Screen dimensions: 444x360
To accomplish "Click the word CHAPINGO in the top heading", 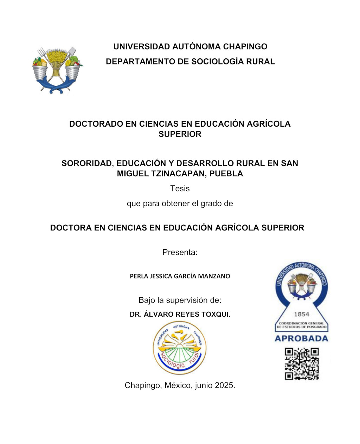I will [245, 46].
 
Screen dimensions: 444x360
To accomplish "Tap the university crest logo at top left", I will [57, 70].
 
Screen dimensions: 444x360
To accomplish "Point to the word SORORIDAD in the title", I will [87, 163].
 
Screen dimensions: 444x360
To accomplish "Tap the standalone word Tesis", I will [180, 189].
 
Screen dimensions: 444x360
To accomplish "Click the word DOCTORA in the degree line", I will [71, 228].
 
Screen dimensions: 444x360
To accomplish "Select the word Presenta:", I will [180, 252].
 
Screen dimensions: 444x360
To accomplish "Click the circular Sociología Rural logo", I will [180, 348].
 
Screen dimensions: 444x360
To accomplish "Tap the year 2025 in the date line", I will [225, 385].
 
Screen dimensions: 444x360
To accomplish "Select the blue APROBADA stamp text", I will [301, 338].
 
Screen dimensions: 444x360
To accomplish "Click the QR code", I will [302, 364].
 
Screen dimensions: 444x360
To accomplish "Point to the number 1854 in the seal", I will [301, 314].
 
